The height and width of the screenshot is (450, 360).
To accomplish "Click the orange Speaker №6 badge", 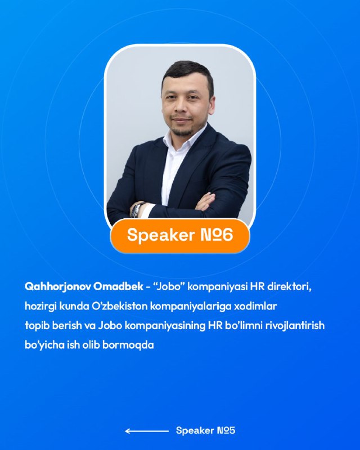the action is pyautogui.click(x=180, y=236).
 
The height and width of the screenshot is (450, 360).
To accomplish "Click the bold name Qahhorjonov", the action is pyautogui.click(x=58, y=287).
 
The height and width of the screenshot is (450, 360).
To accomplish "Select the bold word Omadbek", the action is pyautogui.click(x=118, y=286).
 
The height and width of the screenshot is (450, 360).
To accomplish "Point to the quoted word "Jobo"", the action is pyautogui.click(x=169, y=287).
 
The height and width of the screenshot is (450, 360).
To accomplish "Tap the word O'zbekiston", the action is pyautogui.click(x=120, y=306).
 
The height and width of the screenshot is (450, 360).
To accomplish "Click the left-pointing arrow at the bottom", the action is pyautogui.click(x=147, y=431).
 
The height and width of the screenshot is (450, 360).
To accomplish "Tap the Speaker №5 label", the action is pyautogui.click(x=205, y=430).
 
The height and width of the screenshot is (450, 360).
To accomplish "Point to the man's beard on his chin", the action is pyautogui.click(x=183, y=132).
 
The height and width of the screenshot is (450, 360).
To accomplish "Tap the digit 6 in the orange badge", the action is pyautogui.click(x=227, y=235).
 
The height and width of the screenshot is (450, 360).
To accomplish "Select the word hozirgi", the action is pyautogui.click(x=40, y=306).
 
